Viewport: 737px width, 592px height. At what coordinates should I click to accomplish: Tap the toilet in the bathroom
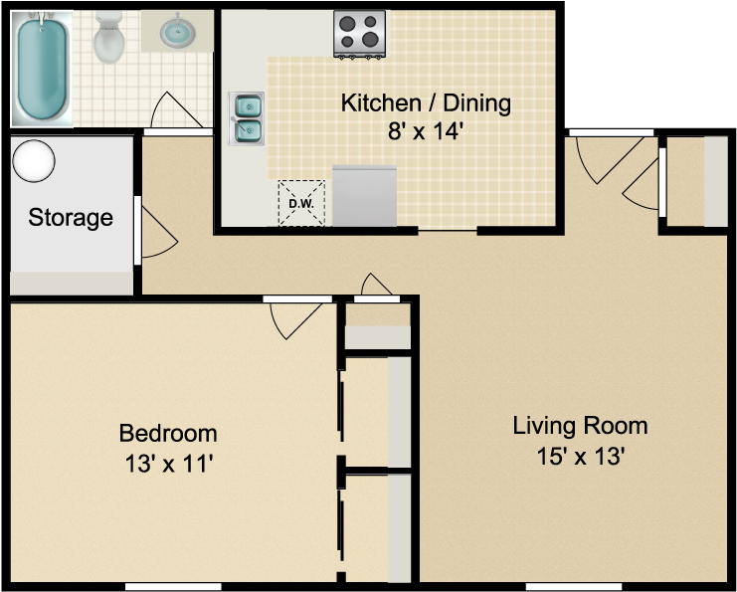[107, 38]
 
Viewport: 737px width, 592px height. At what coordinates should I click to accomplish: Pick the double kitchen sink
[246, 117]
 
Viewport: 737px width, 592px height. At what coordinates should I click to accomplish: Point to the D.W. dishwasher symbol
[300, 203]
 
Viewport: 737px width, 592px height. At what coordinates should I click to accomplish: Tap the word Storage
[70, 217]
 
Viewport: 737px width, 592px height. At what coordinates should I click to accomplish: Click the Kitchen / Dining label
[426, 102]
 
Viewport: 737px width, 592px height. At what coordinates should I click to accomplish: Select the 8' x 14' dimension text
[426, 131]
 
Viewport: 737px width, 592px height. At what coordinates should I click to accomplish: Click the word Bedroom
[168, 434]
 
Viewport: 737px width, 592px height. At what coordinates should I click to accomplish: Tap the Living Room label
[580, 427]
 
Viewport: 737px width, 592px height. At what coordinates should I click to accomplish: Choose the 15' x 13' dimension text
[580, 457]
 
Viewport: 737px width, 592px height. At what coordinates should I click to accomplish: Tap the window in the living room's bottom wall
[573, 587]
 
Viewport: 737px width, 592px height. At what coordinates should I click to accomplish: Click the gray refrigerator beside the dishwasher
[365, 195]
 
